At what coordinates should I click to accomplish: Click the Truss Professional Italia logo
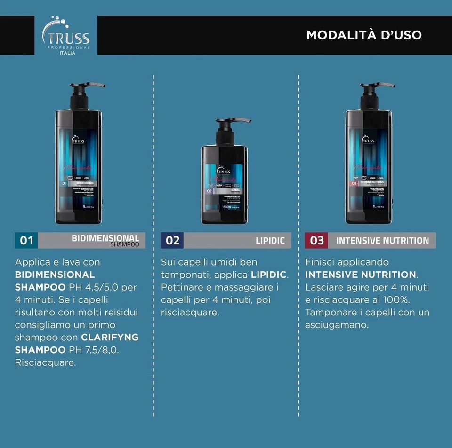click(x=66, y=36)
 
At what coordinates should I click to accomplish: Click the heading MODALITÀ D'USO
click(x=363, y=35)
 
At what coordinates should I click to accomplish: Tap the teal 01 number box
click(x=26, y=241)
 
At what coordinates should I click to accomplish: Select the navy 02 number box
click(x=172, y=241)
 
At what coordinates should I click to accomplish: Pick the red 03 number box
click(x=317, y=241)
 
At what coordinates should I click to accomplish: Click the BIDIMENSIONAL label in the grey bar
click(x=105, y=238)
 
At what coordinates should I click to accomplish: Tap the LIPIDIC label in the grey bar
click(x=270, y=241)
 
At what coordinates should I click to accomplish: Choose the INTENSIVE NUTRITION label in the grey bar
click(x=382, y=241)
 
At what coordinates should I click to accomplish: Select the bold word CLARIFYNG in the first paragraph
click(x=110, y=338)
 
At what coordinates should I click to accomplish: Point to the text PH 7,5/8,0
click(x=93, y=350)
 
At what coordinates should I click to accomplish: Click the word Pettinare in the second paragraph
click(x=182, y=287)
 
